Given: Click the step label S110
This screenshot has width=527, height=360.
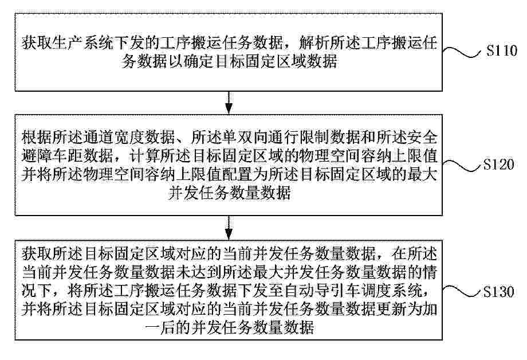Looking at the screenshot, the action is pos(502,51).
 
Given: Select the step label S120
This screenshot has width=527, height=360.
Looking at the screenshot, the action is pos(499,165).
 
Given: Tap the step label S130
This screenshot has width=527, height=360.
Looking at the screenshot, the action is pos(499,291).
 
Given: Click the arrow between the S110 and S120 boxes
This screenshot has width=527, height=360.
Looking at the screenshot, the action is pos(229,103).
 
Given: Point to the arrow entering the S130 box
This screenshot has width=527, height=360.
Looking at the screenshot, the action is pos(229,228).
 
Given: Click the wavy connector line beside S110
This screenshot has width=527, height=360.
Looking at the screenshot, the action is pos(462,52).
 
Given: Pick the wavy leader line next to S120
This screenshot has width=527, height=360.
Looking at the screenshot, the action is pos(462,166).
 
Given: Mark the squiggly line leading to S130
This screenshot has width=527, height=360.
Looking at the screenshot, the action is pos(462,291).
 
